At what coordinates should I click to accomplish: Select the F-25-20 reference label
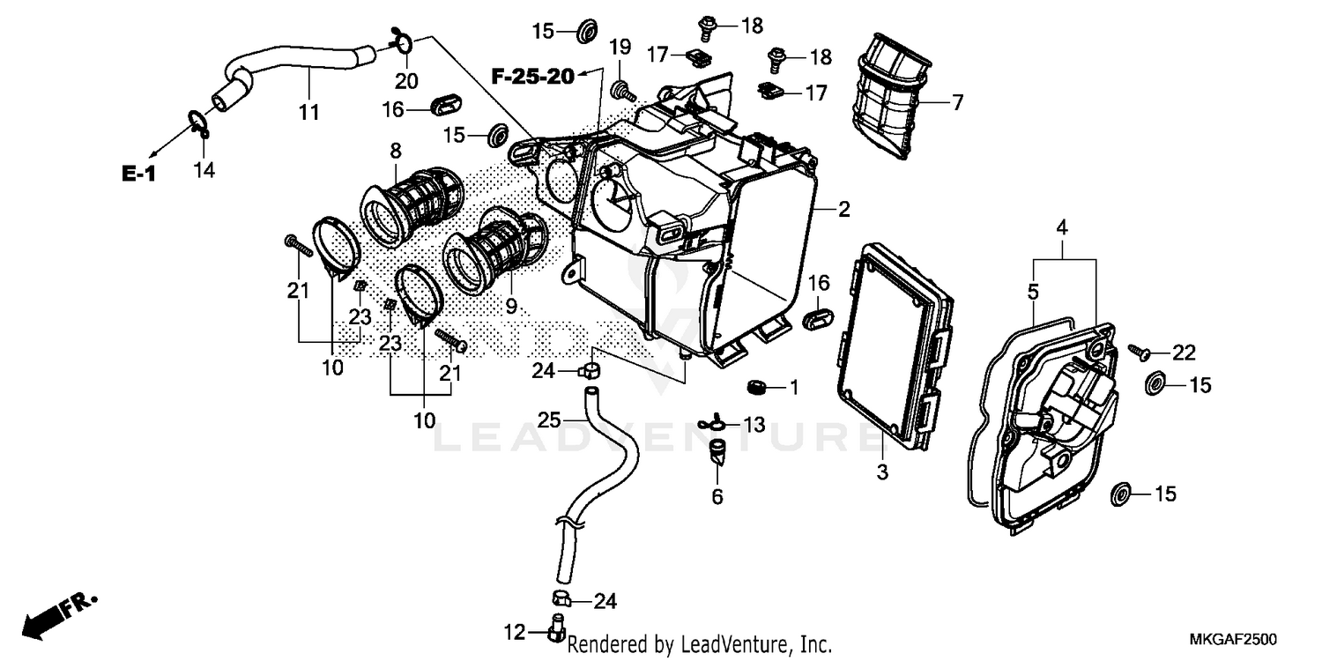(x=532, y=78)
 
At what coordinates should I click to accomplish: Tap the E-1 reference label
(x=138, y=174)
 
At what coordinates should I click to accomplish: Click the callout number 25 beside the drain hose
(x=549, y=421)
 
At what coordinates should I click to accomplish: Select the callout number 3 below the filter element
(x=882, y=473)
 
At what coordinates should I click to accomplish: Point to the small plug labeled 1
(x=755, y=386)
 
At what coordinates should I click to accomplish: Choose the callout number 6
(x=717, y=497)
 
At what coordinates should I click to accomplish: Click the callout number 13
(x=754, y=426)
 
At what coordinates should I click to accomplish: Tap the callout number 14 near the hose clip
(x=204, y=169)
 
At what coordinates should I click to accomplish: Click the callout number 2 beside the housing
(x=843, y=210)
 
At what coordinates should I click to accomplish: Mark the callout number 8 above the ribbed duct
(x=395, y=149)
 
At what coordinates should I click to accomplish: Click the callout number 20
(x=406, y=81)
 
